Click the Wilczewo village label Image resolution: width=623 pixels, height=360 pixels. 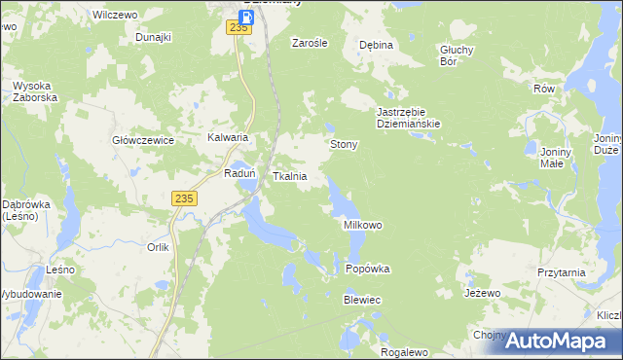(x=112, y=16)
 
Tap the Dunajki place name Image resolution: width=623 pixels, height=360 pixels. (x=154, y=37)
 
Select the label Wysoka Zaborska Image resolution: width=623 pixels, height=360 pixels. (x=36, y=92)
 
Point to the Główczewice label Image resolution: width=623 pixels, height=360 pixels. (x=143, y=140)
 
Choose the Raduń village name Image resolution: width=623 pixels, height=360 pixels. (x=239, y=173)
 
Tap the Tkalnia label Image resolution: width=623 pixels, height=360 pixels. (x=290, y=177)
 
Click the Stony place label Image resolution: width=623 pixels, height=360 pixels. (x=345, y=145)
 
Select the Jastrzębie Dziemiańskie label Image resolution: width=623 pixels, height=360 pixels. (x=410, y=118)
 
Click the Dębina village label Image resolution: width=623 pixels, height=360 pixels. (x=376, y=45)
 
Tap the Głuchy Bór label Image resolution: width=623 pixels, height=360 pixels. (x=456, y=55)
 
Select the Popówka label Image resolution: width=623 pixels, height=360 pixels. (x=368, y=270)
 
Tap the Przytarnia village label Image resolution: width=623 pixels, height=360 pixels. (x=561, y=273)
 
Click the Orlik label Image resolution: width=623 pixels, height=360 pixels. (x=158, y=247)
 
